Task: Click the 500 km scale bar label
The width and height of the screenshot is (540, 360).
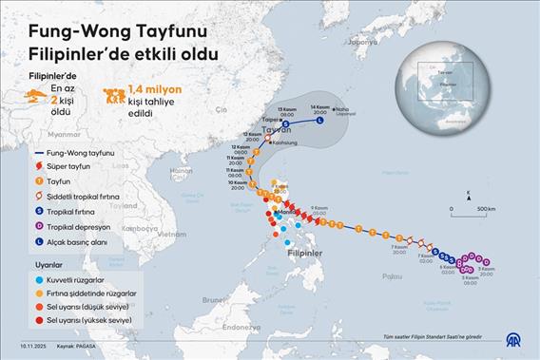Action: pyautogui.click(x=486, y=208)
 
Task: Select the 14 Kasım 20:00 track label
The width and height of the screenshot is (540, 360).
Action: pyautogui.click(x=320, y=108)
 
